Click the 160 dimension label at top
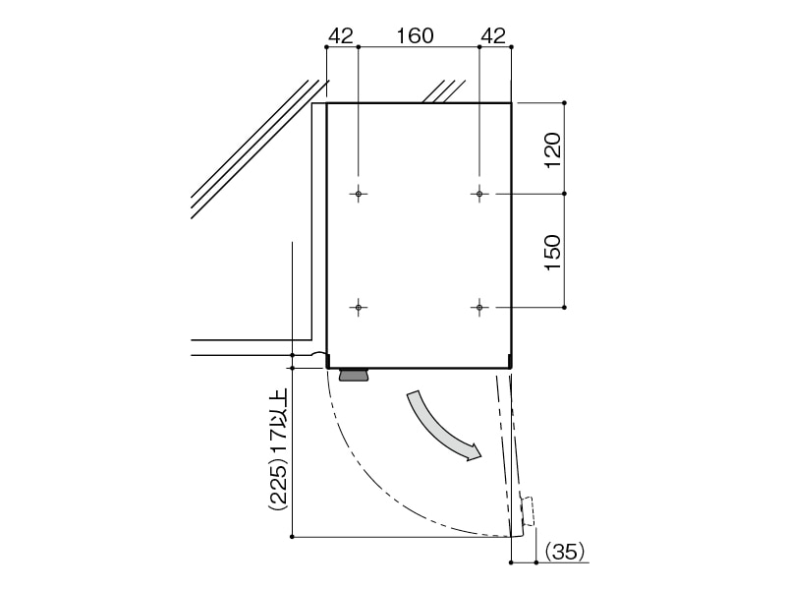tap(415, 35)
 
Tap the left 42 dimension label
tap(341, 35)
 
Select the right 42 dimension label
tap(493, 35)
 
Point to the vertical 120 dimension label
tap(552, 150)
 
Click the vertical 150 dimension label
tap(552, 253)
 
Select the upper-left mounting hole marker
tap(359, 194)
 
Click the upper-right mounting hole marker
tap(479, 194)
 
